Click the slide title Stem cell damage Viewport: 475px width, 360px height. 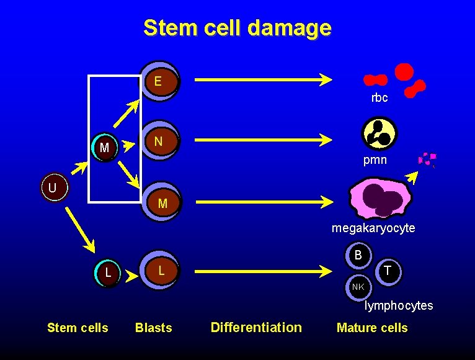tap(238, 28)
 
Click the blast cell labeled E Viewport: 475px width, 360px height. tap(159, 81)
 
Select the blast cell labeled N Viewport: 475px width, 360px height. tap(159, 142)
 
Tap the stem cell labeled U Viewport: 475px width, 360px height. tap(54, 187)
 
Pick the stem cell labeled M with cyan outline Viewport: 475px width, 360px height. tap(104, 148)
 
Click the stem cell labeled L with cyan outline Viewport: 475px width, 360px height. tap(109, 272)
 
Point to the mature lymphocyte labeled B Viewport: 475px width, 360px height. tap(358, 255)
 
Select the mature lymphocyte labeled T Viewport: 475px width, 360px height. tap(388, 269)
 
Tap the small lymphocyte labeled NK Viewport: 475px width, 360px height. tap(358, 286)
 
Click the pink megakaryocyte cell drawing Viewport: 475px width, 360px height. tap(380, 199)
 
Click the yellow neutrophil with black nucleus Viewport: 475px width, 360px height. tap(379, 133)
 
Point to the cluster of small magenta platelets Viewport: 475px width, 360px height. tap(427, 160)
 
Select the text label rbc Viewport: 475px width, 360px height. tap(380, 97)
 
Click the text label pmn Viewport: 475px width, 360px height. tap(375, 160)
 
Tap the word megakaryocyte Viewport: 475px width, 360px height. tap(373, 228)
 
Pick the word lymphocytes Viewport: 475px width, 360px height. tap(399, 305)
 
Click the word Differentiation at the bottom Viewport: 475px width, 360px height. tap(256, 327)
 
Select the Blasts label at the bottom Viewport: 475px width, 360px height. tap(154, 328)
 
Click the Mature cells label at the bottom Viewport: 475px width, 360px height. tap(372, 328)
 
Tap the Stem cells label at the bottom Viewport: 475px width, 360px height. tap(78, 328)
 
